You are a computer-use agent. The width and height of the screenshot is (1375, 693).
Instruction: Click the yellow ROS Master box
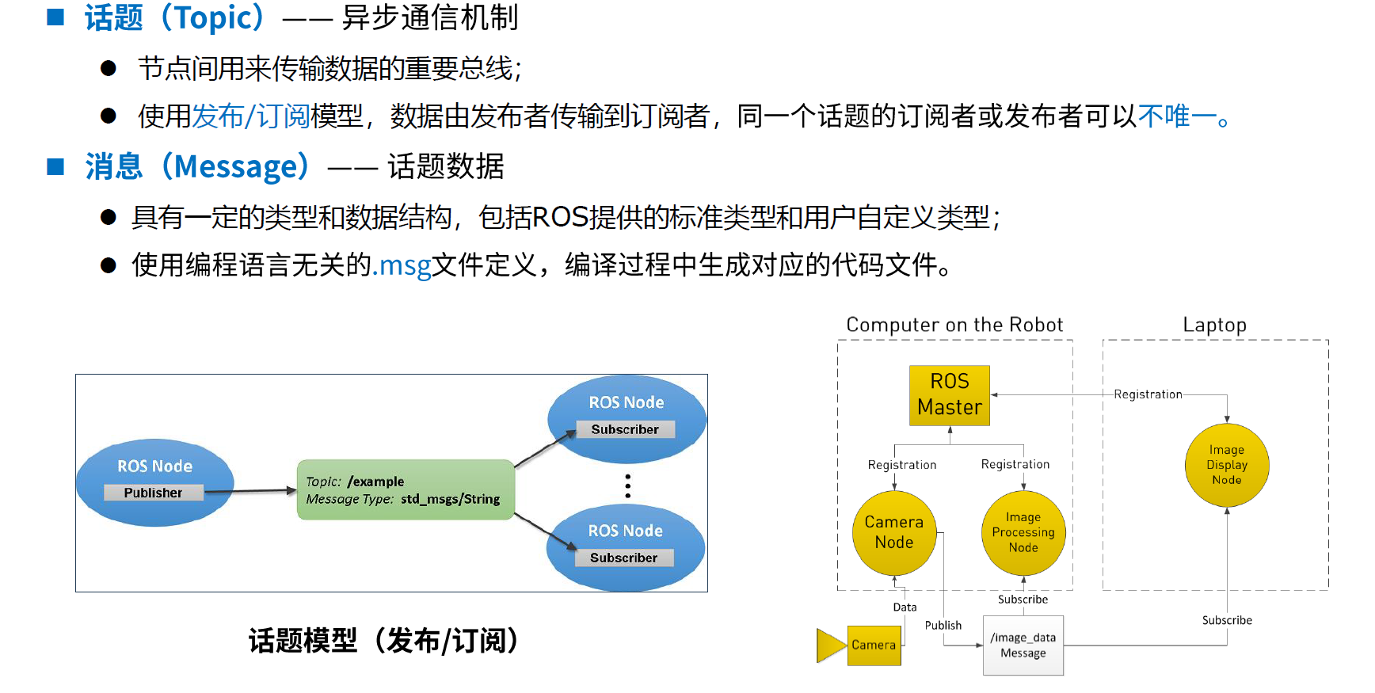tap(950, 395)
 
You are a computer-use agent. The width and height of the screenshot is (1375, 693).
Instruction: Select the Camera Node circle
tap(894, 533)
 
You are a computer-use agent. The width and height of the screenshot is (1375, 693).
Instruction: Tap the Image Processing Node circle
tap(1023, 533)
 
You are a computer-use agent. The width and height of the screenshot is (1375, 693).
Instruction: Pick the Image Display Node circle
tap(1227, 465)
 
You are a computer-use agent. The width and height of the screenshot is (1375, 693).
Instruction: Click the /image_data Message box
tap(1023, 645)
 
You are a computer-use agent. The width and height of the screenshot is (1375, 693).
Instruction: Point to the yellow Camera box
tap(874, 645)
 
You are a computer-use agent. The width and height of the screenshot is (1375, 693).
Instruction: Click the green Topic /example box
tap(406, 489)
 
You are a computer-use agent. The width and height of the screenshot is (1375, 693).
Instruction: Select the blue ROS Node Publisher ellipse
tap(155, 482)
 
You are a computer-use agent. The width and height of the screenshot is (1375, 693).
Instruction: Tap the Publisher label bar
tap(154, 493)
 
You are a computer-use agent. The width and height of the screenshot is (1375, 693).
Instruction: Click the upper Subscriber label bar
tap(625, 429)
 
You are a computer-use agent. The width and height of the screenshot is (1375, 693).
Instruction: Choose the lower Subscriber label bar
tap(624, 558)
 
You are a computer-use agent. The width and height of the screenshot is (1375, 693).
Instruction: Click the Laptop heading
tap(1214, 325)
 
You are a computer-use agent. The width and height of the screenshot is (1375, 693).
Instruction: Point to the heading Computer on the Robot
tap(954, 325)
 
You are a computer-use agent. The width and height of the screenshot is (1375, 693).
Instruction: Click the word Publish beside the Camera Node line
tap(943, 625)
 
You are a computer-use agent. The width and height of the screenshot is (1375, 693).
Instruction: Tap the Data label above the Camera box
tap(905, 607)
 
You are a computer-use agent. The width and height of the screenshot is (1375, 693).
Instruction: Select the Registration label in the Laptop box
tap(1148, 394)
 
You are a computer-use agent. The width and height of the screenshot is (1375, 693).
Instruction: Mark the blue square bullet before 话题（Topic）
tap(55, 17)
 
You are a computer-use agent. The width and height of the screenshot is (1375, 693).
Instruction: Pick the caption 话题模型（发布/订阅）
tap(384, 641)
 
